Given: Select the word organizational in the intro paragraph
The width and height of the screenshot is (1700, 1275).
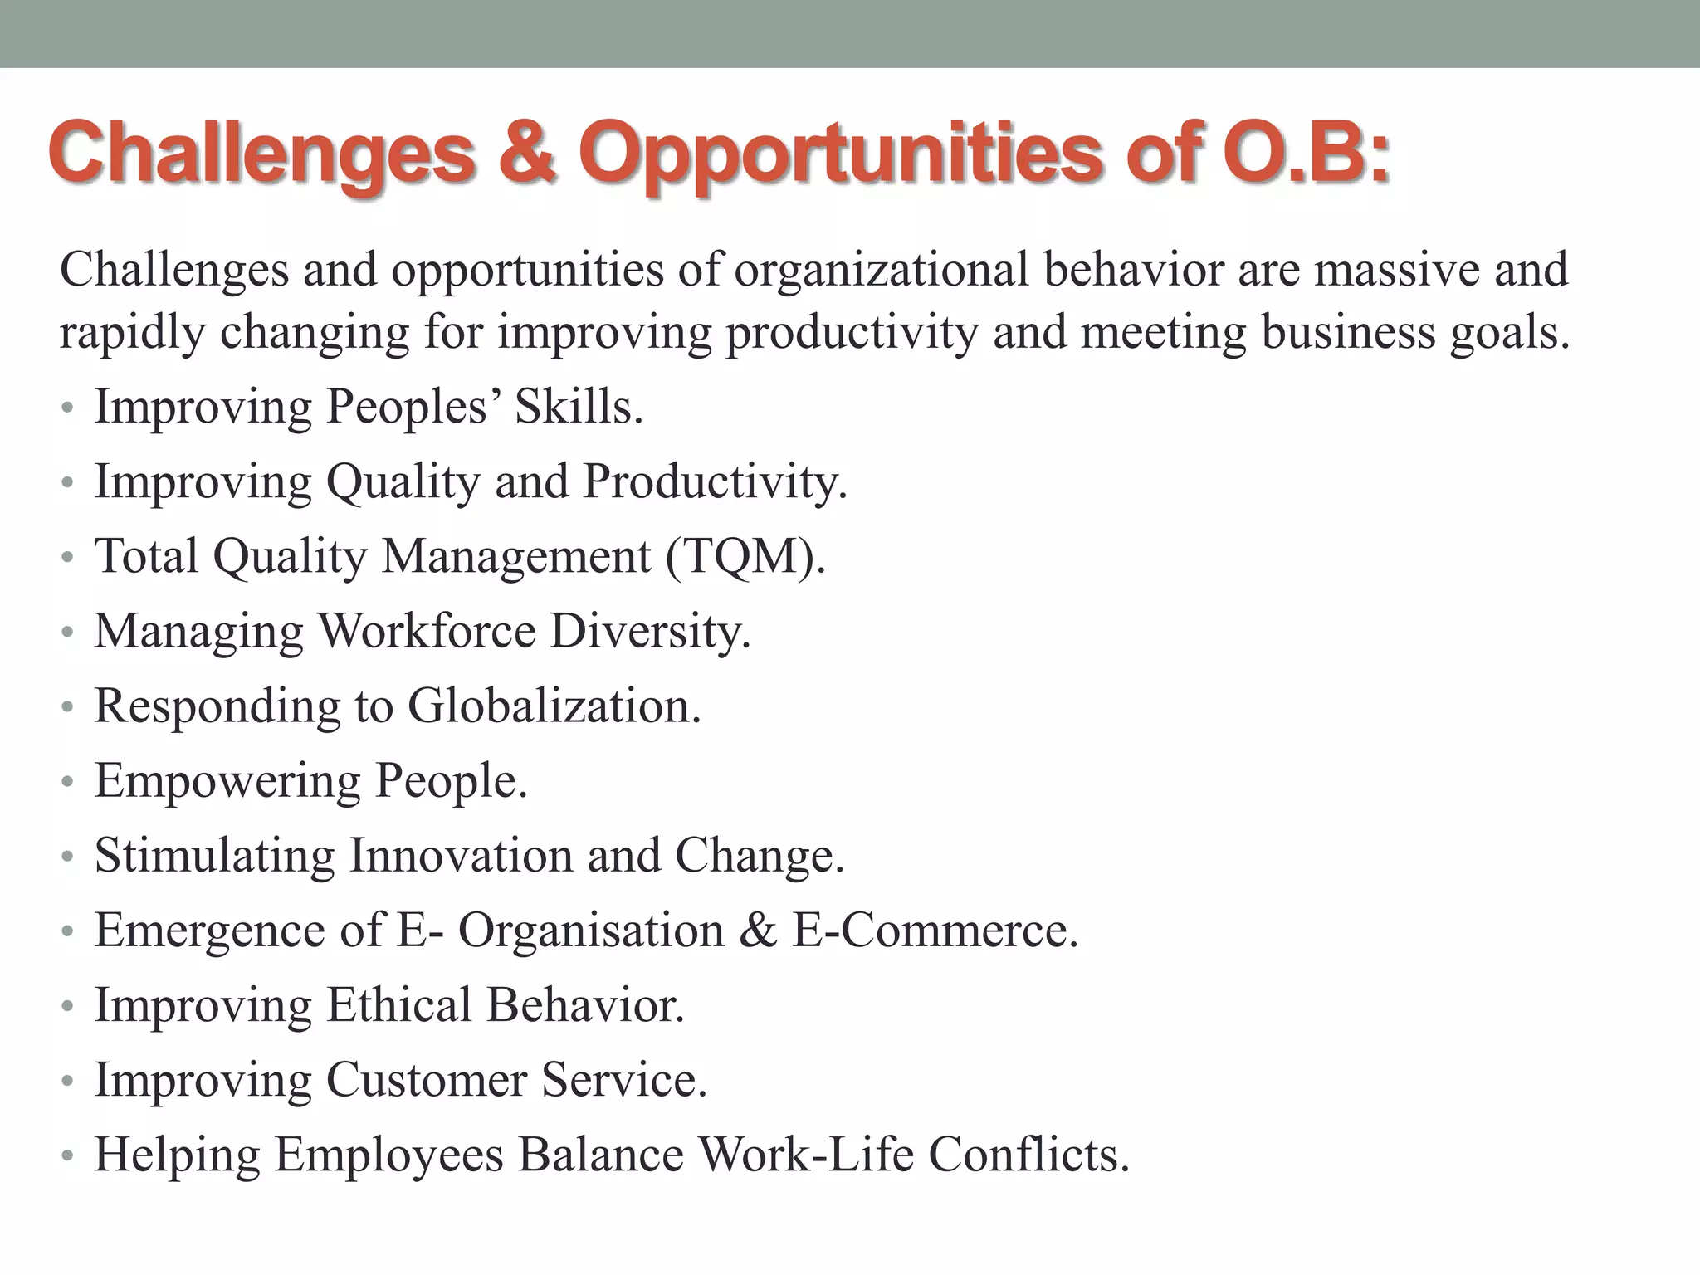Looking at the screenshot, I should point(881,271).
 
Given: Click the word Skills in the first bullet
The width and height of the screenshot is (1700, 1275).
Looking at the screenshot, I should point(579,408).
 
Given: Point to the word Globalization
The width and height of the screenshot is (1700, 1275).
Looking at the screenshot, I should point(554,706).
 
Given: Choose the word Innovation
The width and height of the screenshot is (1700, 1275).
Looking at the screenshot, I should point(460,856).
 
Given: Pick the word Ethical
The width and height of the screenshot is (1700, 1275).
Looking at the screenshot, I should point(398,1005).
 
